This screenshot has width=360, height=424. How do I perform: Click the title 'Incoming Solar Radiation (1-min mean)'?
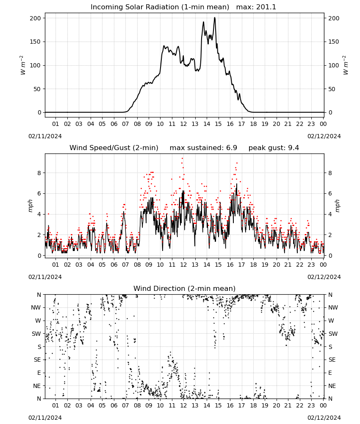click(x=160, y=7)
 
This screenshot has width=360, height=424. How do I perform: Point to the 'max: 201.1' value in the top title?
click(x=256, y=7)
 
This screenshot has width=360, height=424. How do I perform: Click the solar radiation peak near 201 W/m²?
click(x=215, y=18)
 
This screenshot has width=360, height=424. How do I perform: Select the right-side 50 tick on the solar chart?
click(x=332, y=89)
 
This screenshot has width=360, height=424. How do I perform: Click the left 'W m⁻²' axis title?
click(x=23, y=65)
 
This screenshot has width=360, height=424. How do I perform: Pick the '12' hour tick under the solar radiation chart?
click(x=183, y=124)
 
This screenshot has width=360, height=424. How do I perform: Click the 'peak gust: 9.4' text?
click(x=274, y=148)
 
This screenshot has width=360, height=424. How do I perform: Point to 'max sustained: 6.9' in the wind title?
click(x=203, y=148)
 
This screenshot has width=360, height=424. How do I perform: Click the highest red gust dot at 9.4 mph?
click(x=182, y=158)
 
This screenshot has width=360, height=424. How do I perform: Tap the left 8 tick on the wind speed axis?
click(x=39, y=173)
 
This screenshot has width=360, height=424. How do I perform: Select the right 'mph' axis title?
click(x=337, y=206)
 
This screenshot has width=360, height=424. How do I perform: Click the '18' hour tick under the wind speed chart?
click(x=253, y=265)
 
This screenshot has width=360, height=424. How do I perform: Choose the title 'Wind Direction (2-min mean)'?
click(x=185, y=288)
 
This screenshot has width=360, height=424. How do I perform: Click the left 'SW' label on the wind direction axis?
click(x=36, y=334)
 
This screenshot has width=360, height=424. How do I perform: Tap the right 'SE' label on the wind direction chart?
click(x=332, y=360)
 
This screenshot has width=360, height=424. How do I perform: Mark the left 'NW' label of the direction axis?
click(x=36, y=307)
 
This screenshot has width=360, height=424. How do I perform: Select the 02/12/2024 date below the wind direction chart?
click(x=324, y=418)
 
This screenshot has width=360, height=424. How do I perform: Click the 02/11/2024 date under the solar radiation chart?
click(x=45, y=136)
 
